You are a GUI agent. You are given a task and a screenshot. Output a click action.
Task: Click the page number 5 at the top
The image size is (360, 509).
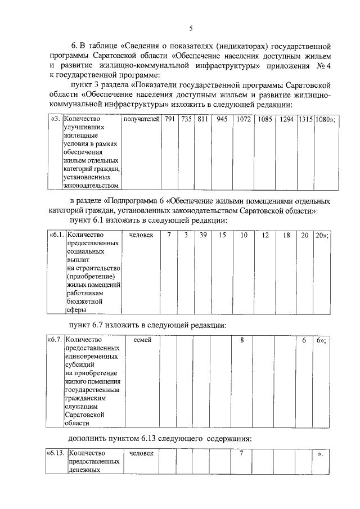(x=191, y=28)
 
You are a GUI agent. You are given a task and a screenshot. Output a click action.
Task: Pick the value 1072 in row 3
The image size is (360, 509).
(x=244, y=120)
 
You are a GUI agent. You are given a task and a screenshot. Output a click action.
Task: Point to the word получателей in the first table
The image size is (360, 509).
(x=141, y=120)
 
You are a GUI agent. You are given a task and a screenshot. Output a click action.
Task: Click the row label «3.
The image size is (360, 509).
(x=56, y=120)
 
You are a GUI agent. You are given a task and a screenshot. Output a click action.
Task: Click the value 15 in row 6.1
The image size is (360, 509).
(x=222, y=235)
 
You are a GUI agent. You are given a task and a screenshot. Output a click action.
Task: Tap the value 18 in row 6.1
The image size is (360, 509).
(x=286, y=235)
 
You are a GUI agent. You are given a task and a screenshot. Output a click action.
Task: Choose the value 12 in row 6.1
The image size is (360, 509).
(x=265, y=235)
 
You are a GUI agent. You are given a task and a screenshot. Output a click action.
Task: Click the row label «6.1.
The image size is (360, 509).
(x=57, y=235)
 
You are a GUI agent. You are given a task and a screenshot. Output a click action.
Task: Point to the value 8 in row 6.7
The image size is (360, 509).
(x=242, y=340)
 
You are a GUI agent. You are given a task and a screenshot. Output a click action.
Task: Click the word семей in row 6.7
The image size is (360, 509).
(x=141, y=340)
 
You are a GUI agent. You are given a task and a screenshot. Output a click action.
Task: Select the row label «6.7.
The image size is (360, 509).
(x=55, y=340)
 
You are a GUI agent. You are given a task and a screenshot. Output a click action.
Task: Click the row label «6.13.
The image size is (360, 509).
(x=56, y=454)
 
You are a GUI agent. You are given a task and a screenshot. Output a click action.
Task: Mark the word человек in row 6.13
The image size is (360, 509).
(x=141, y=454)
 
